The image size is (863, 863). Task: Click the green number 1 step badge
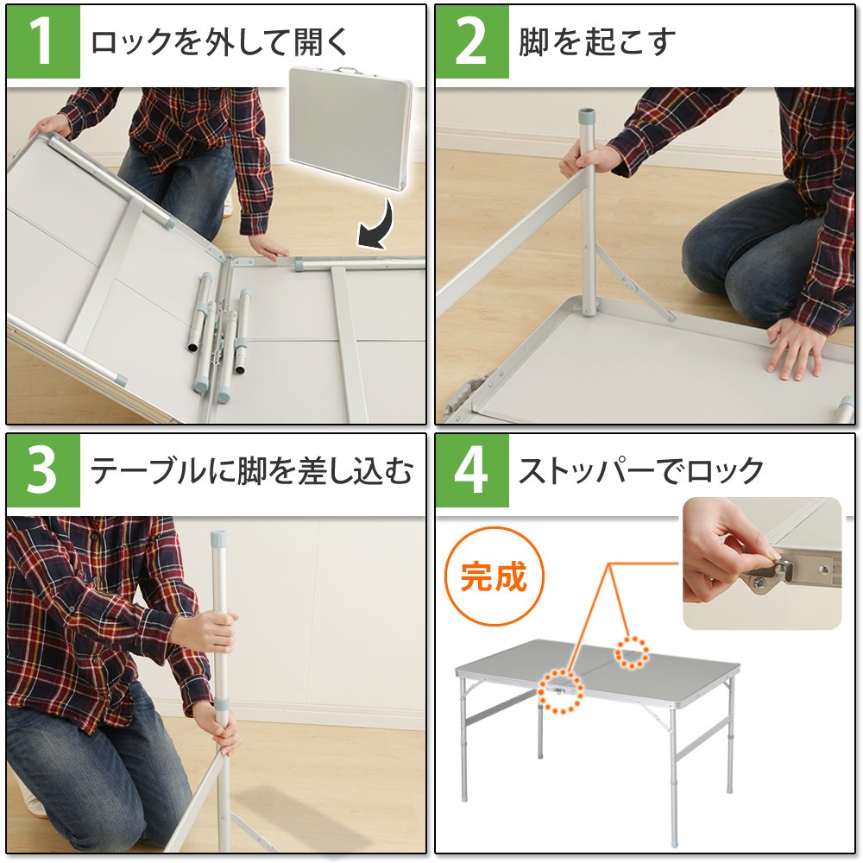pyautogui.click(x=43, y=41)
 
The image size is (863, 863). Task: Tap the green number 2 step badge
pyautogui.click(x=472, y=41)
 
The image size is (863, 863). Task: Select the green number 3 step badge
pyautogui.click(x=43, y=470)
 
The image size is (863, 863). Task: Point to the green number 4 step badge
pyautogui.click(x=472, y=470)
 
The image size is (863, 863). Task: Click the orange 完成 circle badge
pyautogui.click(x=494, y=577)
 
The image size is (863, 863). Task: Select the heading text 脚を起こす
pyautogui.click(x=596, y=41)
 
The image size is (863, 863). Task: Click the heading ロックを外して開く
pyautogui.click(x=219, y=41)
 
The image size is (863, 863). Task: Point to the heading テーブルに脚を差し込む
pyautogui.click(x=251, y=471)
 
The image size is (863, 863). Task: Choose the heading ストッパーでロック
pyautogui.click(x=640, y=471)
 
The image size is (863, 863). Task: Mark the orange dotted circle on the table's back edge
pyautogui.click(x=632, y=652)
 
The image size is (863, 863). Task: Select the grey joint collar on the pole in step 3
pyautogui.click(x=223, y=706)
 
